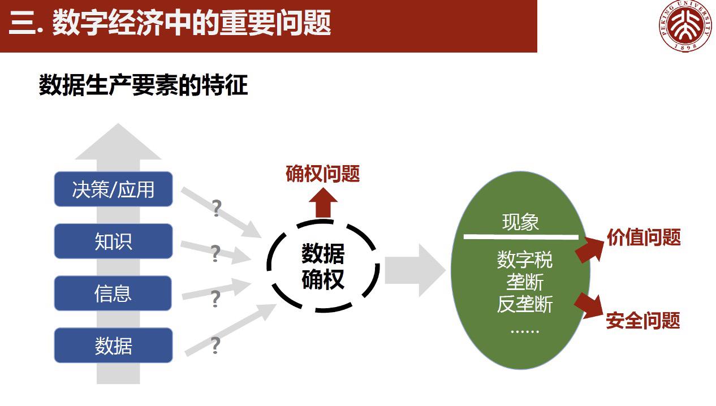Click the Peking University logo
point(685,27)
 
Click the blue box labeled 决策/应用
point(113,189)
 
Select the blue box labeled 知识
point(113,241)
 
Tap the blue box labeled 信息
point(113,293)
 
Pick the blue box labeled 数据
point(113,345)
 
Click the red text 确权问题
point(323,174)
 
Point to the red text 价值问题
point(644,237)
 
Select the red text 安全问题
point(643,321)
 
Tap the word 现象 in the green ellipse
point(520,222)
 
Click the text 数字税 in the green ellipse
point(524,260)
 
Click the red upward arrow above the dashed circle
point(323,202)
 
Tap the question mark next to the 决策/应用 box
point(216,208)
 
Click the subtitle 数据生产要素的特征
point(143,86)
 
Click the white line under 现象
point(521,237)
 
